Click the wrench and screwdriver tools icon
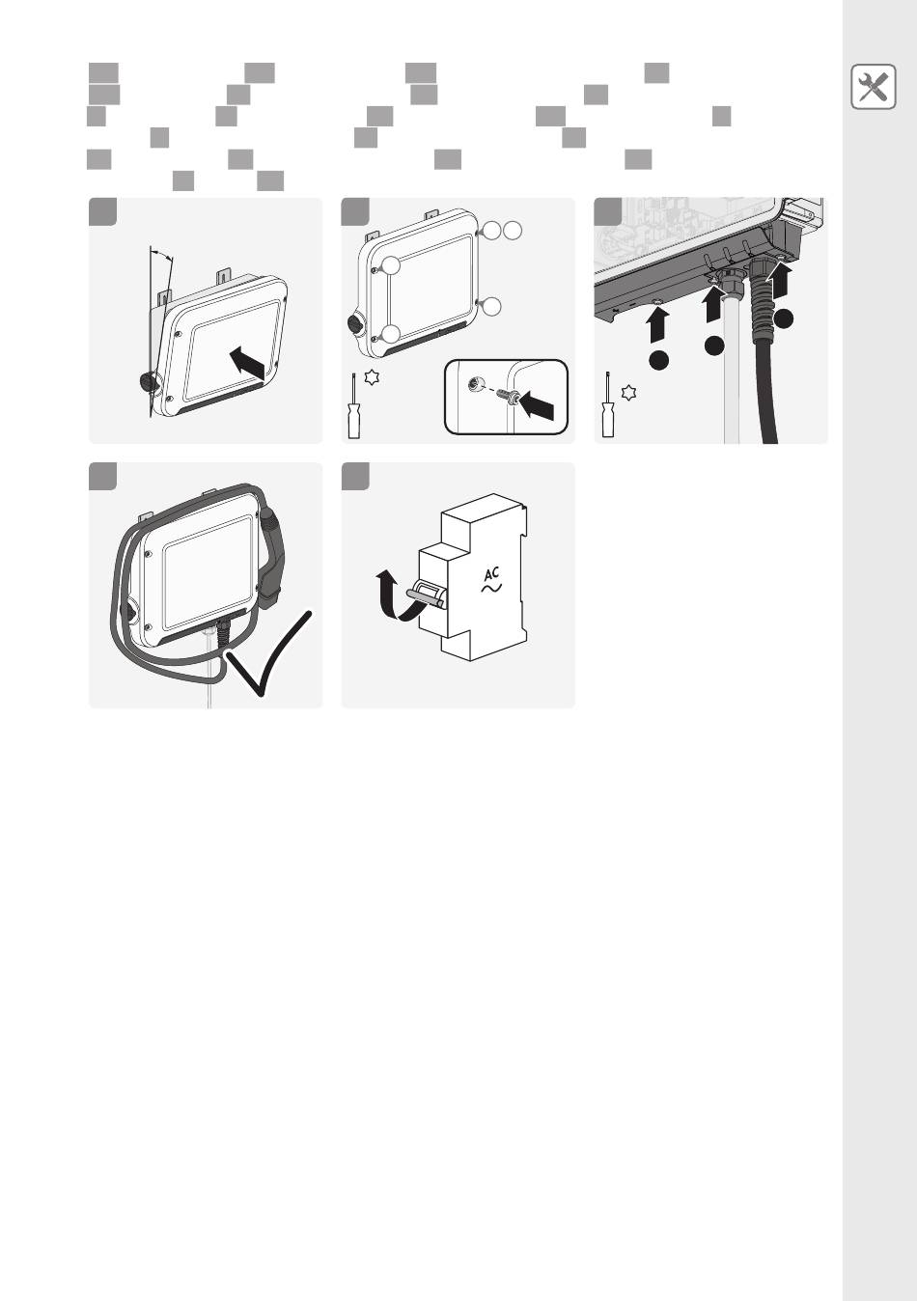(x=873, y=87)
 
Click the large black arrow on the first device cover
(x=250, y=364)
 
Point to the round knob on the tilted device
(x=150, y=382)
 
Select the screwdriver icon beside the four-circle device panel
(x=353, y=405)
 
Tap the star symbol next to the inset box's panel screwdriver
(x=372, y=377)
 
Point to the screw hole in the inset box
(x=476, y=384)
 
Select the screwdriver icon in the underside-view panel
(x=608, y=404)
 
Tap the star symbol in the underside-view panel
(x=627, y=393)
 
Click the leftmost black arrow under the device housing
(x=658, y=326)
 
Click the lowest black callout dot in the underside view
(x=659, y=361)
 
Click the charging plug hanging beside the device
(x=270, y=558)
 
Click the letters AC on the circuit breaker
(x=492, y=574)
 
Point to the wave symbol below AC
(x=491, y=589)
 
